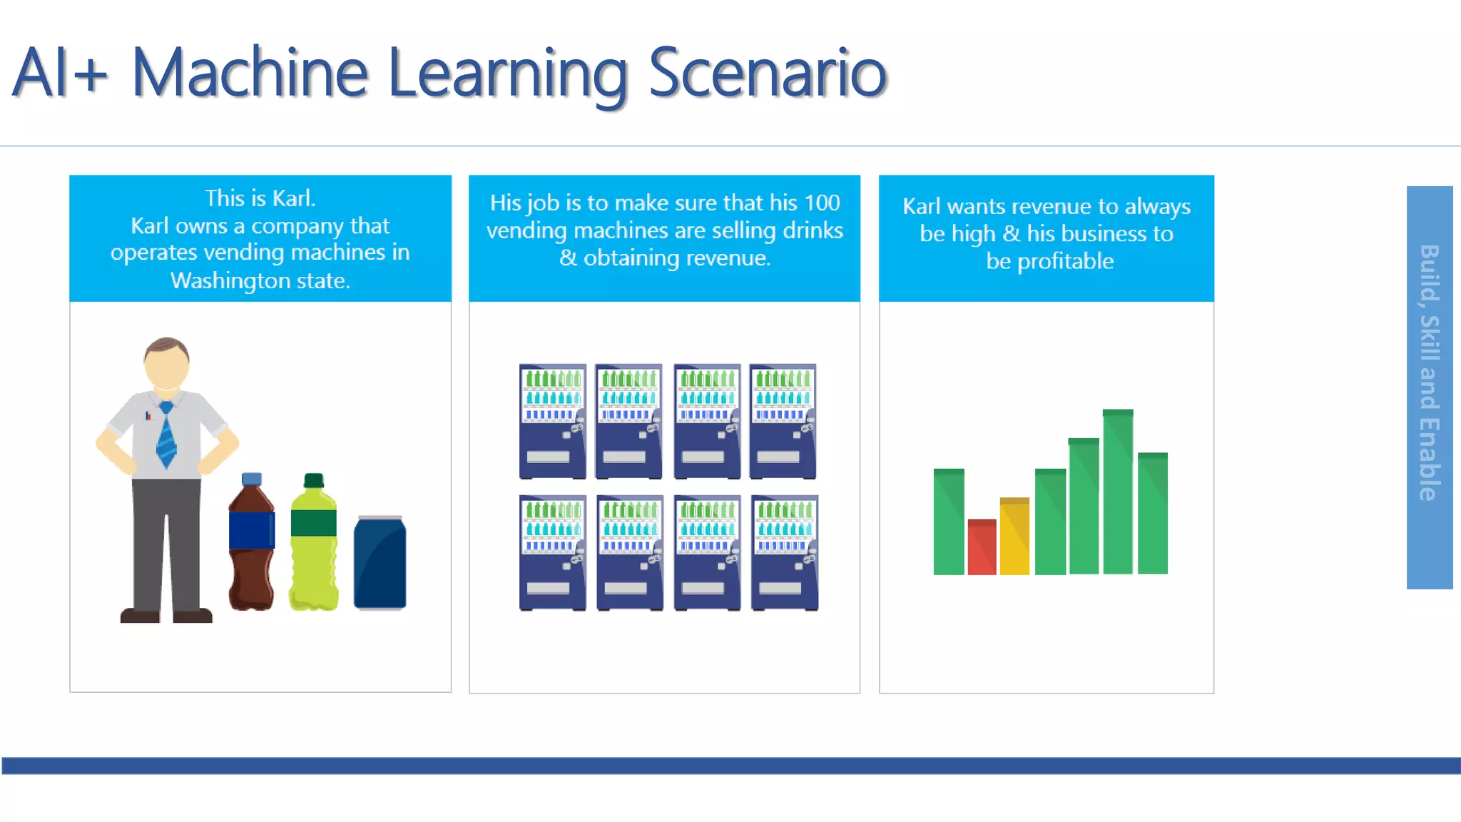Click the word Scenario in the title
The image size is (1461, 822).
pos(767,73)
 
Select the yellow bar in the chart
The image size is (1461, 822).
pos(1014,536)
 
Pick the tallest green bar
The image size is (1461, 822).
pos(1117,492)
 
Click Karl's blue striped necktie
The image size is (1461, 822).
pos(166,435)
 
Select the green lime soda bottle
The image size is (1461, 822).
pos(314,546)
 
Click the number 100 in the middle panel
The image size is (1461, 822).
pos(821,203)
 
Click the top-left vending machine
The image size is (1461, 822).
pos(552,421)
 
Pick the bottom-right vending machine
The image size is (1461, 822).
pos(784,553)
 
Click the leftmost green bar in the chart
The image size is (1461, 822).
pos(949,522)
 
